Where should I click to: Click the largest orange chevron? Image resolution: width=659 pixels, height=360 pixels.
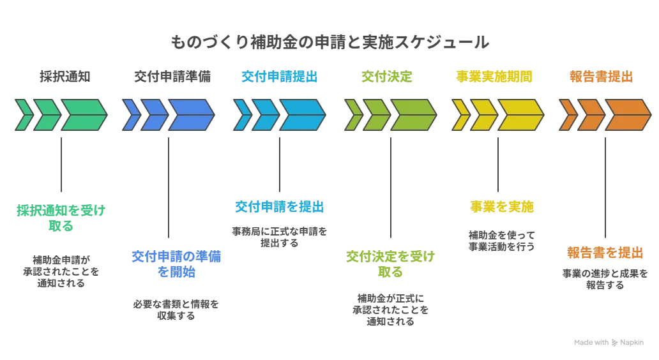click(x=617, y=114)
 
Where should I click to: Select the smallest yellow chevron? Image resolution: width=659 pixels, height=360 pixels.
click(x=458, y=114)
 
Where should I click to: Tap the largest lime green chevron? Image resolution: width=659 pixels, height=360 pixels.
click(x=413, y=114)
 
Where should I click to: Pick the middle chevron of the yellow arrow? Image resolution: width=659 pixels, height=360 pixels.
click(x=483, y=114)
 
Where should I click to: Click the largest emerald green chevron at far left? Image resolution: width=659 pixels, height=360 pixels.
click(x=83, y=114)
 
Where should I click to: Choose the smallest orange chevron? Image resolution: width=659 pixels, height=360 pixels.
click(x=566, y=114)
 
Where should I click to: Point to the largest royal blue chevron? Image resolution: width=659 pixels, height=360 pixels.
click(x=190, y=114)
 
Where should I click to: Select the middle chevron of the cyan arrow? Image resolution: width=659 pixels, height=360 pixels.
click(x=265, y=114)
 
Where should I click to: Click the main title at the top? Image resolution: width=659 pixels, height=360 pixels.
click(x=329, y=43)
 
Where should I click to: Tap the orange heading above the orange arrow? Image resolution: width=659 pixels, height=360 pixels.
click(x=600, y=78)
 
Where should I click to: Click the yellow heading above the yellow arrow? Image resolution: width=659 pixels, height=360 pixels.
click(x=495, y=78)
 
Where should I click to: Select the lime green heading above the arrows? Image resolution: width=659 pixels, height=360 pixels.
click(x=387, y=78)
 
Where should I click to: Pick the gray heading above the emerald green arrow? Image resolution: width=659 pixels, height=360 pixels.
click(x=61, y=78)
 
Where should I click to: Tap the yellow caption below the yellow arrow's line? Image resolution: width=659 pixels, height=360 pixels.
click(x=503, y=207)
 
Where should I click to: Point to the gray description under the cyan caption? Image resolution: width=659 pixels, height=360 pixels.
click(x=278, y=234)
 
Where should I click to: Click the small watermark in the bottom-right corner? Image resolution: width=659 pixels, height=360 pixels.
click(x=607, y=342)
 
